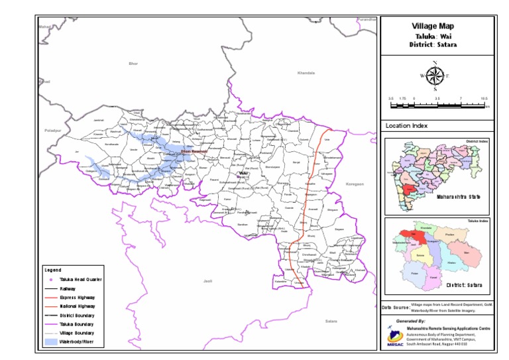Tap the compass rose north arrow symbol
pyautogui.click(x=435, y=76)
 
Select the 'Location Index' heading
pyautogui.click(x=406, y=125)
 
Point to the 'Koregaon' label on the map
pyautogui.click(x=355, y=184)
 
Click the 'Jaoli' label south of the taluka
pyautogui.click(x=207, y=282)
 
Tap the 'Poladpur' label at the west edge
pyautogui.click(x=53, y=131)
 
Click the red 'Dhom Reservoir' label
pyautogui.click(x=195, y=152)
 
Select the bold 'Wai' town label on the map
pyautogui.click(x=243, y=172)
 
